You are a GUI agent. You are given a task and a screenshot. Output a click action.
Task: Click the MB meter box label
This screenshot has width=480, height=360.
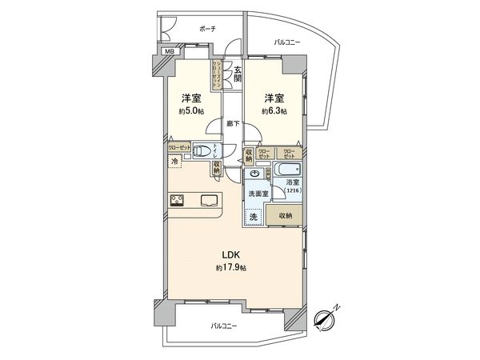(x=169, y=52)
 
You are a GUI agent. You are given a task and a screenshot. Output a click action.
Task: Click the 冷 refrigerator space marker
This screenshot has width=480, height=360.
(x=175, y=162)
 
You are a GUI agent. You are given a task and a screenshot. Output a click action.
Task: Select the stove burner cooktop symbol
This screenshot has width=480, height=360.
(x=178, y=200)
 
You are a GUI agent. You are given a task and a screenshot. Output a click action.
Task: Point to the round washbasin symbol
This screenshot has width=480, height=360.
(x=254, y=174)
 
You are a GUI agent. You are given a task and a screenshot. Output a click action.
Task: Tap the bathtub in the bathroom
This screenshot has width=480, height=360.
(x=286, y=171)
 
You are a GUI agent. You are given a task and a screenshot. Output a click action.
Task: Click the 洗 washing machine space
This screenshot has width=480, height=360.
(x=253, y=217)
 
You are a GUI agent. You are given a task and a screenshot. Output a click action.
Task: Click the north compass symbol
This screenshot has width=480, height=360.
(x=325, y=318)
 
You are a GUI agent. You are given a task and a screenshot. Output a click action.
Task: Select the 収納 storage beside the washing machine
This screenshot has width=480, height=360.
(x=286, y=216)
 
